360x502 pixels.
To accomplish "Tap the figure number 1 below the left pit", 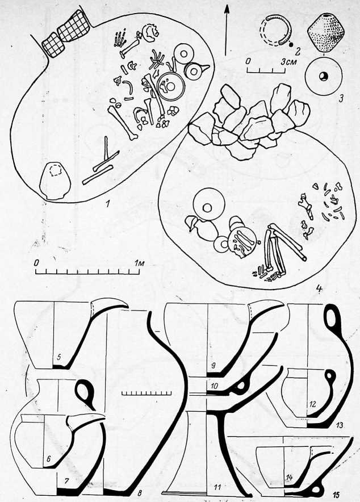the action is tap(108, 203).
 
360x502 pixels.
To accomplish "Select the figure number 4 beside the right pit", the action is tap(319, 289).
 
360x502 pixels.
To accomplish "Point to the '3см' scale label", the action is tap(288, 61).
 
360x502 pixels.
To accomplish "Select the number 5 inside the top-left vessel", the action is tap(58, 358).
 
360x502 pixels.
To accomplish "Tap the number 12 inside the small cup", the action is tap(312, 404).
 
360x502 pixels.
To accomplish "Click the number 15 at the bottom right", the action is tap(336, 495).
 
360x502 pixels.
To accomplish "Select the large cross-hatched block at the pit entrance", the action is tap(73, 27).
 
